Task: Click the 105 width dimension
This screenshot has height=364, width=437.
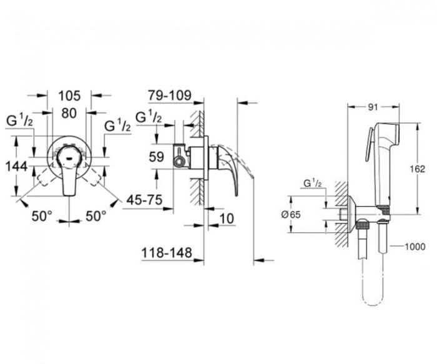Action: click(x=69, y=96)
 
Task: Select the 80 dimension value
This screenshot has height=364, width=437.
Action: click(x=69, y=113)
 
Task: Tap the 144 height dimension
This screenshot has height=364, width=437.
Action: click(x=17, y=167)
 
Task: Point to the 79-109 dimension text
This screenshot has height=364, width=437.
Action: click(x=170, y=96)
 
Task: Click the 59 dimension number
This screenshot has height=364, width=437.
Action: click(x=156, y=157)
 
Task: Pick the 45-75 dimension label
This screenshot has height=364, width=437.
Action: click(x=144, y=200)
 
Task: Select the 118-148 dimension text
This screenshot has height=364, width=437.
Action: click(x=167, y=253)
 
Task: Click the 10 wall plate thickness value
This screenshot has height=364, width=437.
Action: click(x=227, y=219)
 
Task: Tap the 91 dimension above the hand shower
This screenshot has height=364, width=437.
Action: click(x=373, y=107)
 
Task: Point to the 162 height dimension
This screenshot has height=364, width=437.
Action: click(x=418, y=169)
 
